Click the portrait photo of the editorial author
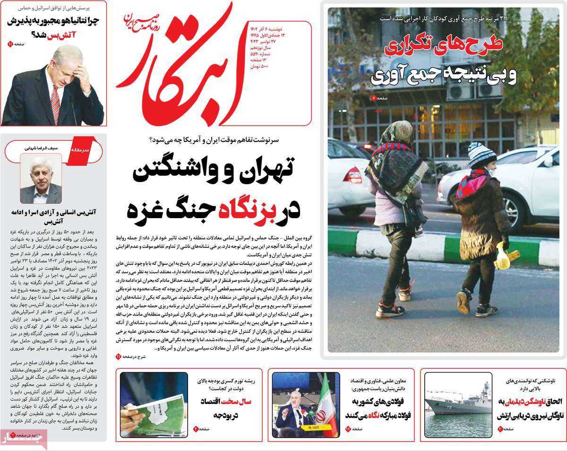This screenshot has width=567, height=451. pyautogui.click(x=41, y=180)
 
